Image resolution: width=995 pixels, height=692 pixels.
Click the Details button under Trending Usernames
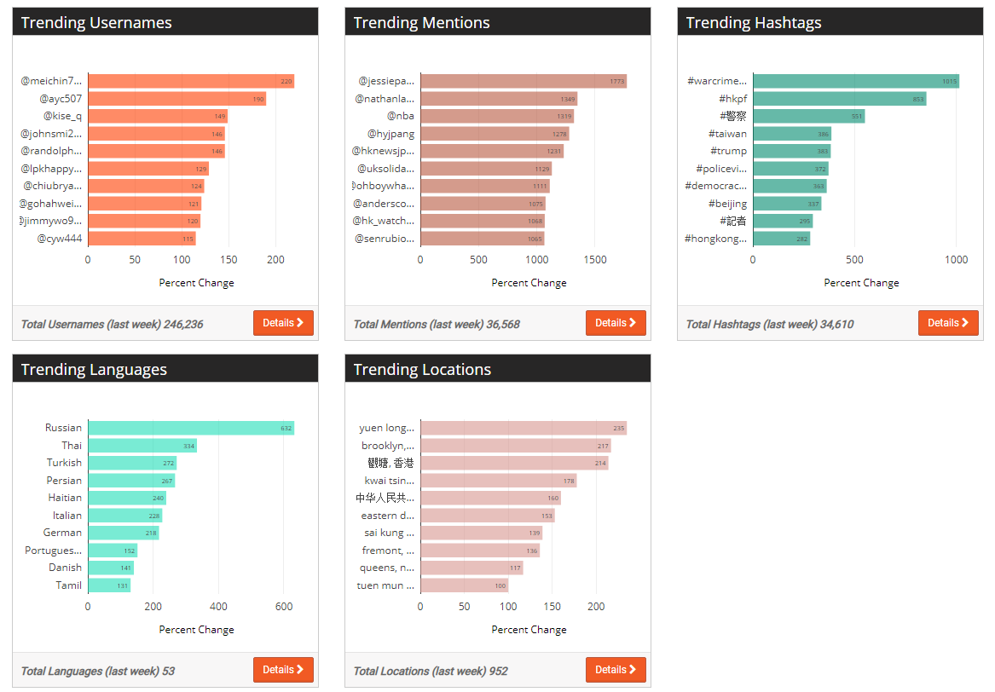[283, 323]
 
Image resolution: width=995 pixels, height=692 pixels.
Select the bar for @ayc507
[176, 99]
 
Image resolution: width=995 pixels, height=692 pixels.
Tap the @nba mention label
[401, 116]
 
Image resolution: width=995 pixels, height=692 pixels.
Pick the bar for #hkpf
[839, 99]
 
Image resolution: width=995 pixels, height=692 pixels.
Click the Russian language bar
[191, 428]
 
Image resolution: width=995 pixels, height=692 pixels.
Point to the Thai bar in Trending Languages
[142, 446]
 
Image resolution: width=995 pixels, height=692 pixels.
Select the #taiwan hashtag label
[727, 134]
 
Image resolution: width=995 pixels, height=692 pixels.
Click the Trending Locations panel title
[422, 369]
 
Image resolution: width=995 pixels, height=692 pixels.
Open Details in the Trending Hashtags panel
[948, 323]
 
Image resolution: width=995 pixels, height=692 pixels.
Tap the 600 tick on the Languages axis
[284, 606]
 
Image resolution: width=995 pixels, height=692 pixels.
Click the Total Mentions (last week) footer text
[437, 324]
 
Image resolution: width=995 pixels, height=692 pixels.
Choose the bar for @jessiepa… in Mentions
[524, 81]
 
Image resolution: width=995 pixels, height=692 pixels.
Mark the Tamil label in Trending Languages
[69, 585]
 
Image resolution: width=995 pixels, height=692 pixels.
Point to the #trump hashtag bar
[791, 151]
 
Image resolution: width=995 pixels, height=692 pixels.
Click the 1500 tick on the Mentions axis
[595, 259]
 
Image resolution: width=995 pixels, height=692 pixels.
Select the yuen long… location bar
[524, 428]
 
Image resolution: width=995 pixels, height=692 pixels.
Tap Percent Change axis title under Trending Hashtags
[861, 283]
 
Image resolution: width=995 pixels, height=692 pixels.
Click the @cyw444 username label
[60, 239]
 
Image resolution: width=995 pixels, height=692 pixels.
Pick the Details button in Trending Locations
[616, 670]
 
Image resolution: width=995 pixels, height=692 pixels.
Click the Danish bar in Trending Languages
[111, 568]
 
